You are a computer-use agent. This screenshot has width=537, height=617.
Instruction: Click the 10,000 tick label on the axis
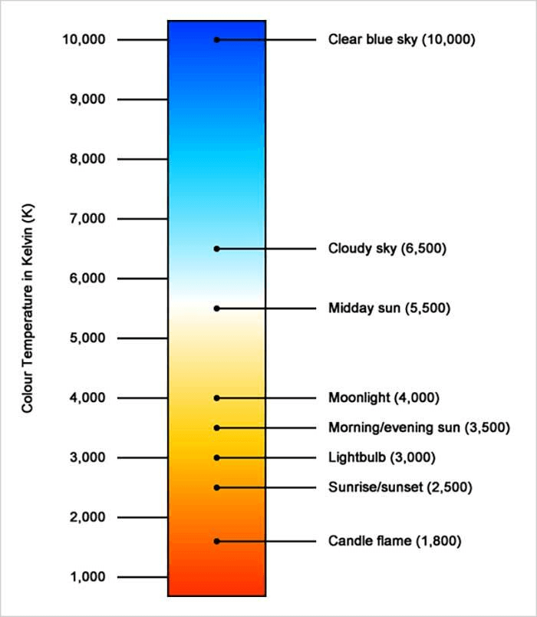point(84,39)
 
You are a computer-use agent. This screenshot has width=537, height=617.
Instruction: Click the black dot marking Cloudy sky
point(217,249)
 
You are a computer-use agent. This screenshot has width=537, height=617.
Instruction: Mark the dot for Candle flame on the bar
point(217,541)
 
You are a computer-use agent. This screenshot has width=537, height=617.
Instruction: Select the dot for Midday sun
point(217,308)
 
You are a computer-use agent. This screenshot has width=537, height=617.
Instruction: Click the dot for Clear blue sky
point(217,39)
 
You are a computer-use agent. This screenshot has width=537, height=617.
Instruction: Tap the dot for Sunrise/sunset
point(217,487)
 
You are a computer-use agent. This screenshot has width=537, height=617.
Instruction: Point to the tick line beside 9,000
point(143,100)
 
